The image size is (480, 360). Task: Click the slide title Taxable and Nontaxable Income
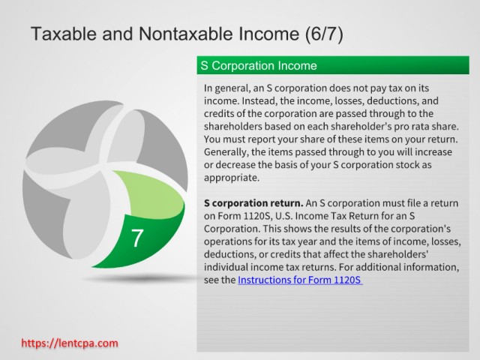165,34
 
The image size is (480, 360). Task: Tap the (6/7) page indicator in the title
324,34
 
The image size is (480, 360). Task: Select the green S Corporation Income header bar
333,65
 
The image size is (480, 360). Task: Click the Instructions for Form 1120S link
300,280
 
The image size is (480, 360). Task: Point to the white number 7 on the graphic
137,238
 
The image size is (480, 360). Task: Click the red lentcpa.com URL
70,343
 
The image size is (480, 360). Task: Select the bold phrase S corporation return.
253,203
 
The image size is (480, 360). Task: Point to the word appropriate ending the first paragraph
232,178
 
